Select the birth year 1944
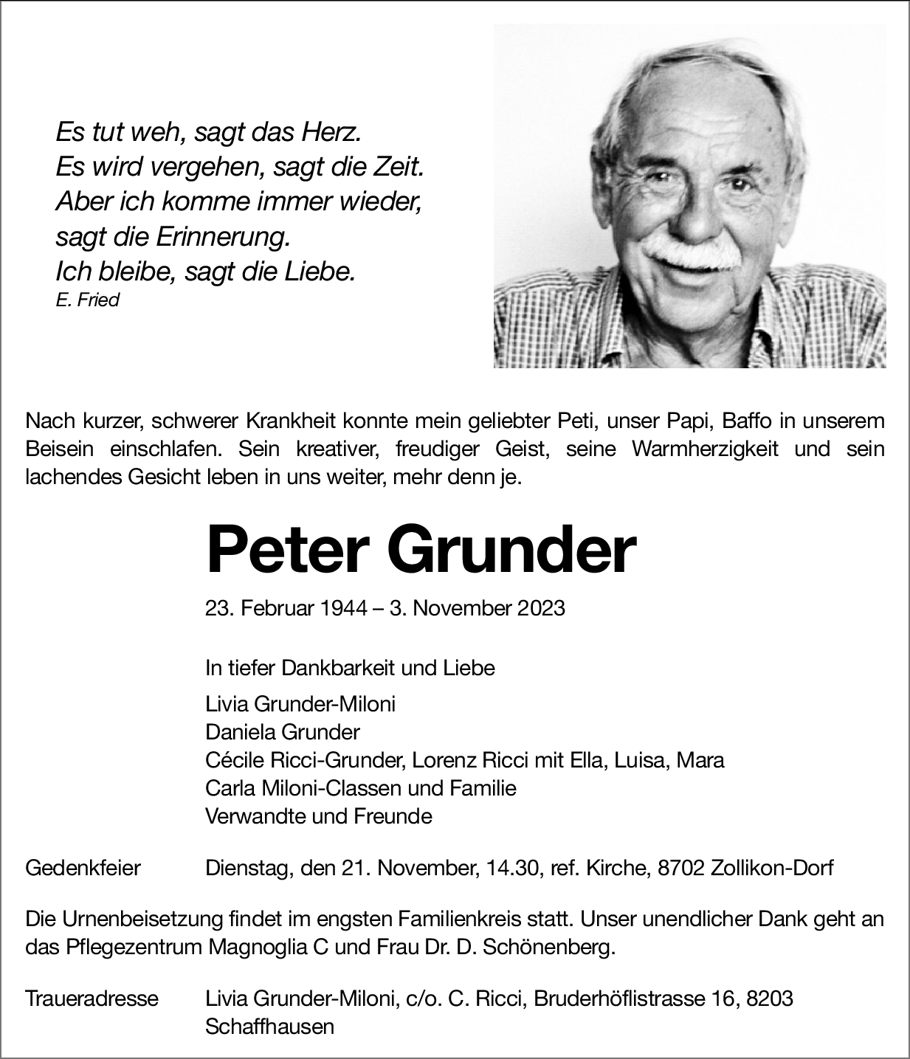point(344,608)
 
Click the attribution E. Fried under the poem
point(87,300)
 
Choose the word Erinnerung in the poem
point(221,238)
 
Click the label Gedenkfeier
point(83,868)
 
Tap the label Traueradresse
point(92,998)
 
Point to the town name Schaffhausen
point(269,1026)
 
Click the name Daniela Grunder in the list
point(283,732)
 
